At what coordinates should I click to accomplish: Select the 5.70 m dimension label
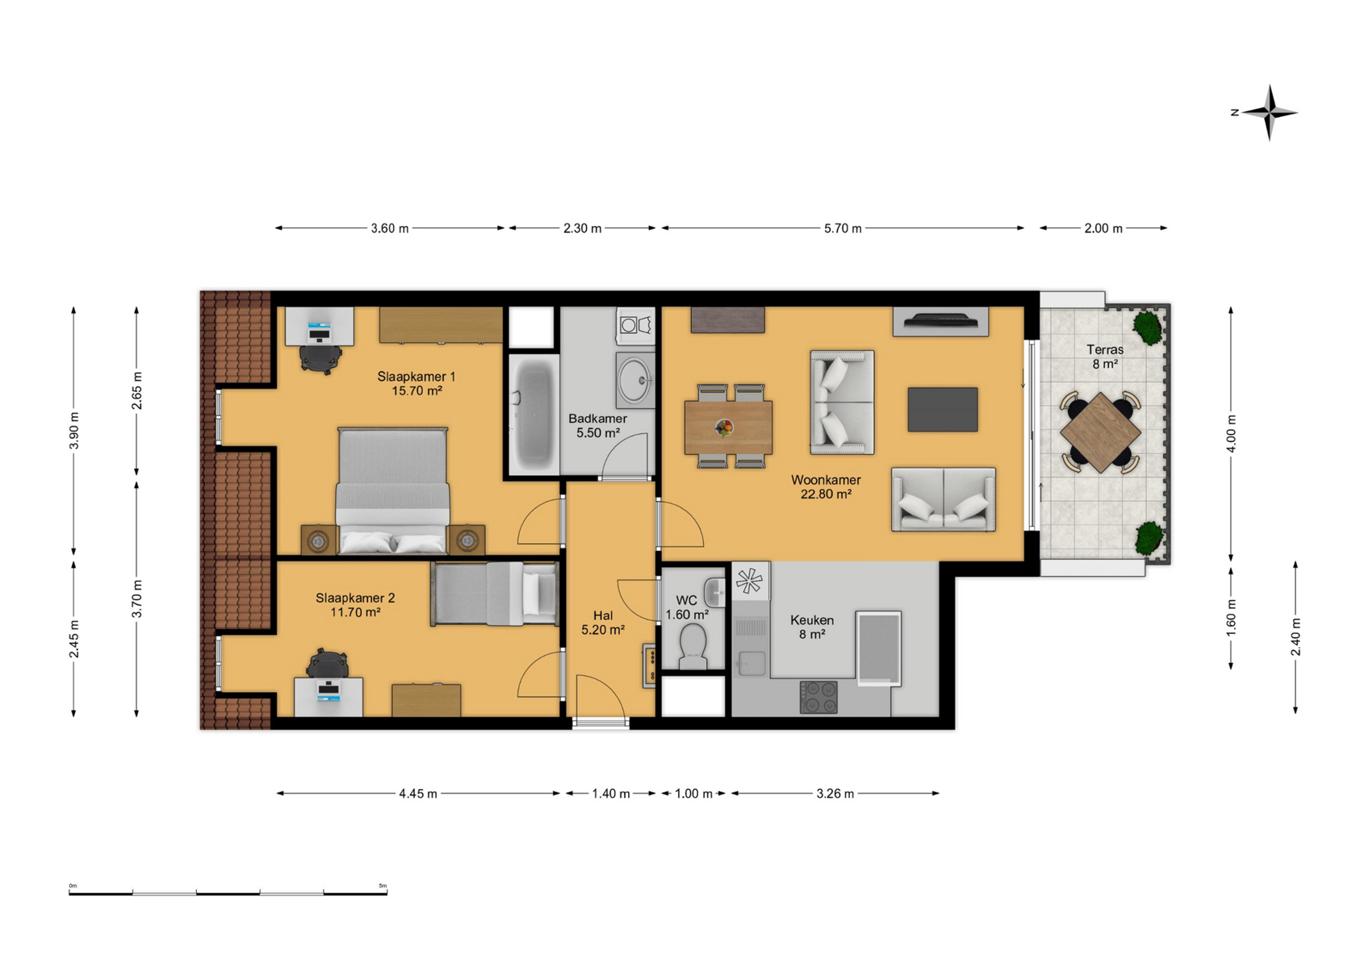pyautogui.click(x=843, y=228)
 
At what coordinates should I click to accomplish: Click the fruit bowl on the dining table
pyautogui.click(x=725, y=427)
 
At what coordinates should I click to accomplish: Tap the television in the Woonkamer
pyautogui.click(x=940, y=320)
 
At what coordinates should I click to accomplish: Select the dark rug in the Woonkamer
pyautogui.click(x=943, y=409)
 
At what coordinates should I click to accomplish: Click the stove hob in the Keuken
pyautogui.click(x=818, y=698)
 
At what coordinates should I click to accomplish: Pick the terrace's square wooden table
pyautogui.click(x=1100, y=433)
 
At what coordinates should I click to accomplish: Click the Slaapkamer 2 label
pyautogui.click(x=355, y=598)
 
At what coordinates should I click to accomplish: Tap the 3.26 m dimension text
pyautogui.click(x=835, y=794)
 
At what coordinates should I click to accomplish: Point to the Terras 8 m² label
pyautogui.click(x=1105, y=357)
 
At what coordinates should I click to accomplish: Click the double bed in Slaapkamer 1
pyautogui.click(x=393, y=490)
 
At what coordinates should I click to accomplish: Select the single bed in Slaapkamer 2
pyautogui.click(x=495, y=594)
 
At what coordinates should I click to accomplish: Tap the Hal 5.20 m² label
pyautogui.click(x=603, y=622)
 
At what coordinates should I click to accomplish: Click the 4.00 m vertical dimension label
pyautogui.click(x=1231, y=434)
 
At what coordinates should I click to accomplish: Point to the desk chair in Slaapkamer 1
pyautogui.click(x=320, y=358)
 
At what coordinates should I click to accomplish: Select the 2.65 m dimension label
pyautogui.click(x=137, y=391)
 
